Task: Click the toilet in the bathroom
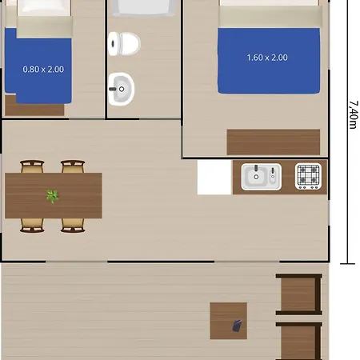124,43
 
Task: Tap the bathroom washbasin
122,89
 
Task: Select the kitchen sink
261,177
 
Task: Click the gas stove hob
308,176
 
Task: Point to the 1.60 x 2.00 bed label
267,58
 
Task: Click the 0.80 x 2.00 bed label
43,70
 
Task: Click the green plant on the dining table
52,196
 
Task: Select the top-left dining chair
32,166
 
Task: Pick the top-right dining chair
73,166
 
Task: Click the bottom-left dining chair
32,226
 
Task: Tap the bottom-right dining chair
73,226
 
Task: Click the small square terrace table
229,321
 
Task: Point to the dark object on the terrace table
237,326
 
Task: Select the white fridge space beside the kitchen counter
214,177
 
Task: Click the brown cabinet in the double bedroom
274,142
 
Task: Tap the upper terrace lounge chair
299,294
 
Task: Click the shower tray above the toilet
144,7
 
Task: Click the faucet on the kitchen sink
256,169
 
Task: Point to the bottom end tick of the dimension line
347,264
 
